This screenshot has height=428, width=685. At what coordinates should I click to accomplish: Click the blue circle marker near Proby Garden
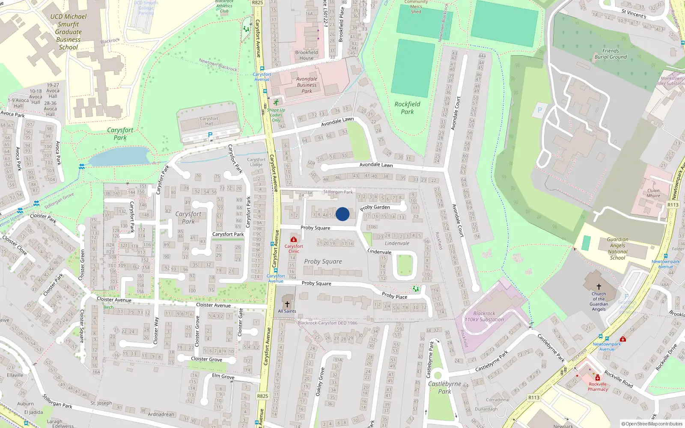[342, 214]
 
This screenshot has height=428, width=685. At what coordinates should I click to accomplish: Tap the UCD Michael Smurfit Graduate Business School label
[68, 32]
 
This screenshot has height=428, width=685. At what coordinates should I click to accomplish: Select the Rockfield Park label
[407, 108]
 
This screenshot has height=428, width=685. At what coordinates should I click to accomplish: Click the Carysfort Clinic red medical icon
[294, 239]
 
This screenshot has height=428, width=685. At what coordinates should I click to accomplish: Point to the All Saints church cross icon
[287, 304]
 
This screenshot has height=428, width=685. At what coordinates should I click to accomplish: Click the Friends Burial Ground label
[611, 54]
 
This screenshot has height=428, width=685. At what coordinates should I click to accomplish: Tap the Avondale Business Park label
[307, 85]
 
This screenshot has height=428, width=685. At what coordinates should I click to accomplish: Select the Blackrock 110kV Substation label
[484, 317]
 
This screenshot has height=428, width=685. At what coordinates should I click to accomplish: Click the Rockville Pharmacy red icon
[598, 377]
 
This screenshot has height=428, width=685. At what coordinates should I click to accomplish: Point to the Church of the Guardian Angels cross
[599, 287]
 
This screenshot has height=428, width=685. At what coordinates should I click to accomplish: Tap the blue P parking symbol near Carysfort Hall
[210, 135]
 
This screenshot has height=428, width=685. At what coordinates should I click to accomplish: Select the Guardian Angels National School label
[617, 249]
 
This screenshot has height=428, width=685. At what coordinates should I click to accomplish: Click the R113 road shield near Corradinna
[534, 398]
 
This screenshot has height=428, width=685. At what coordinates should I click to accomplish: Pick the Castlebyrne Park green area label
[444, 387]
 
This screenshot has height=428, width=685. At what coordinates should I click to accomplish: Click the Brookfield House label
[307, 55]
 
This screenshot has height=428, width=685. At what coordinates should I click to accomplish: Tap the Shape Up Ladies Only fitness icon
[276, 102]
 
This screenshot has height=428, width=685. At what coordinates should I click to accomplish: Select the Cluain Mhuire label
[653, 193]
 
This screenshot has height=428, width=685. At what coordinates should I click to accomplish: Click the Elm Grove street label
[223, 376]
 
